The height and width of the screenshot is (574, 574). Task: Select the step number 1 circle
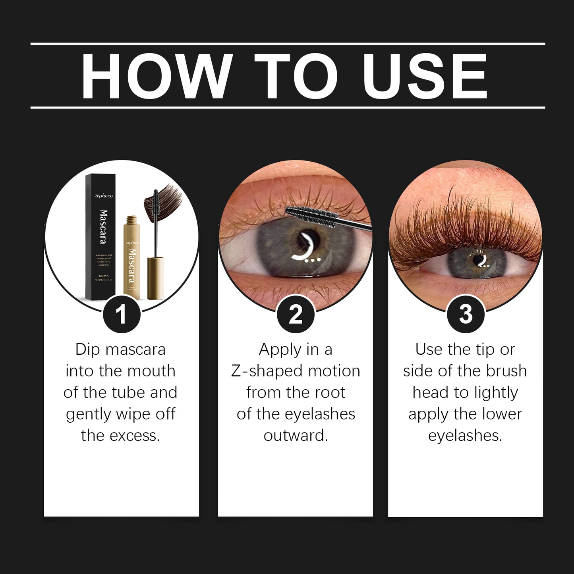click(x=121, y=315)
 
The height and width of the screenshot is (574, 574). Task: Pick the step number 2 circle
click(x=296, y=315)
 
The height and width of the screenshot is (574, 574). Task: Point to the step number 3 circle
click(x=465, y=315)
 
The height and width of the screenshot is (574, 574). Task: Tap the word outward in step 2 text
click(x=296, y=436)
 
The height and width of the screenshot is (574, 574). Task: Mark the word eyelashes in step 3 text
click(x=465, y=436)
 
